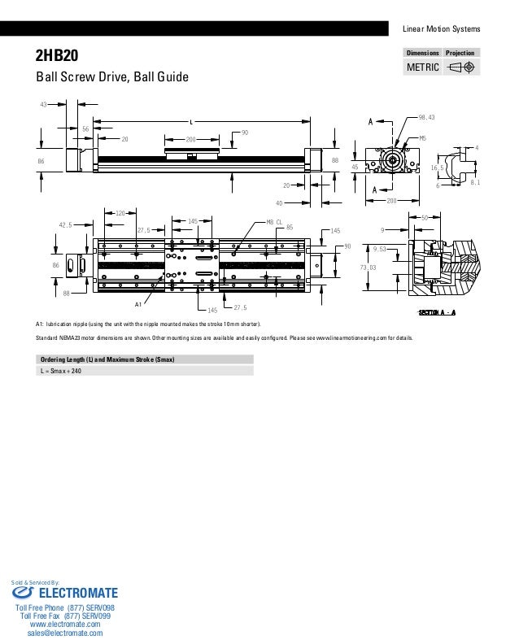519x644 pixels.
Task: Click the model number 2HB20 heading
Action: click(55, 56)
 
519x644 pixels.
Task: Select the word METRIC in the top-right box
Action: click(422, 67)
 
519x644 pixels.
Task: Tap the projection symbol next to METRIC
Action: click(460, 67)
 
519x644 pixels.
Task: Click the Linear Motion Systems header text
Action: click(442, 30)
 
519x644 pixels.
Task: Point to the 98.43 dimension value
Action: click(426, 118)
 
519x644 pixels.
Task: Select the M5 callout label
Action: click(422, 139)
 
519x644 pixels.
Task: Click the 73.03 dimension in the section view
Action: click(369, 268)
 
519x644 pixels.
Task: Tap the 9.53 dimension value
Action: click(379, 250)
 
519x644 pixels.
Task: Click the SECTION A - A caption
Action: click(436, 312)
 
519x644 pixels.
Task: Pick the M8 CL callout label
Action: click(274, 221)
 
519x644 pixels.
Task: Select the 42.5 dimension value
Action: click(66, 225)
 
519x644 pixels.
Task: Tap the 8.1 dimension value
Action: click(476, 183)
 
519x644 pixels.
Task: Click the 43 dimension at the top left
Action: click(44, 105)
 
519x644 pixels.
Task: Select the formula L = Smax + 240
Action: click(62, 371)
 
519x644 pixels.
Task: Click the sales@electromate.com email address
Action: click(65, 633)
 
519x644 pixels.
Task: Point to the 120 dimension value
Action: click(120, 212)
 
